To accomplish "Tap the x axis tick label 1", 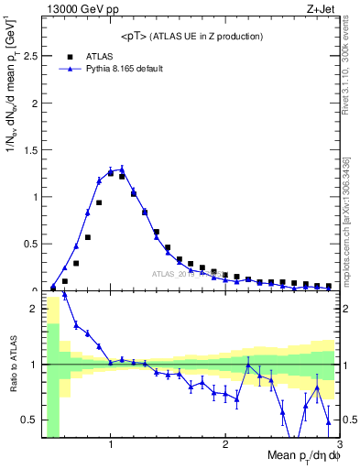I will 111,444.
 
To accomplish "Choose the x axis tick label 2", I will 225,444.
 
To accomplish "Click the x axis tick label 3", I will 339,444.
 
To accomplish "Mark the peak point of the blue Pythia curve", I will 122,169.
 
